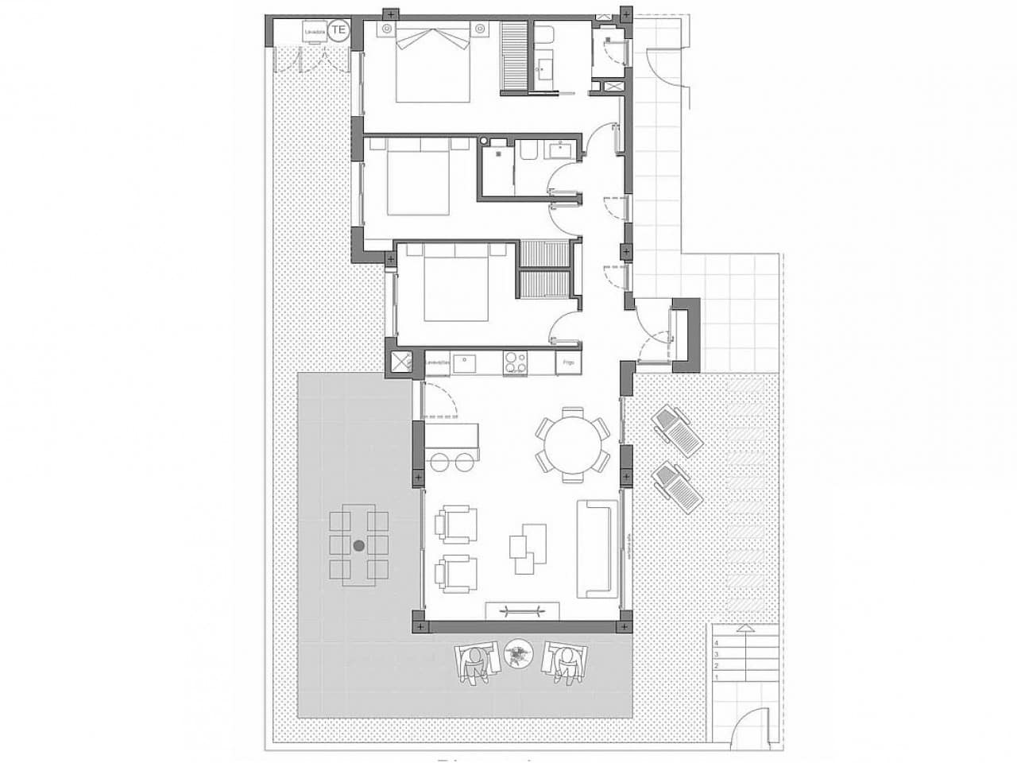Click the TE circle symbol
pos(339,30)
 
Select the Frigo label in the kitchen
pos(568,362)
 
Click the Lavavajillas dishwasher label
pos(439,362)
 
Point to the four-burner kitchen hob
pos(515,362)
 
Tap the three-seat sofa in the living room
pos(597,548)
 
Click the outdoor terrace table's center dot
pos(358,545)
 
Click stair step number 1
pos(717,678)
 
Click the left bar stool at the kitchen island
pos(439,461)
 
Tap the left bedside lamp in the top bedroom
pos(385,29)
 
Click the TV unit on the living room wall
pos(524,610)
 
